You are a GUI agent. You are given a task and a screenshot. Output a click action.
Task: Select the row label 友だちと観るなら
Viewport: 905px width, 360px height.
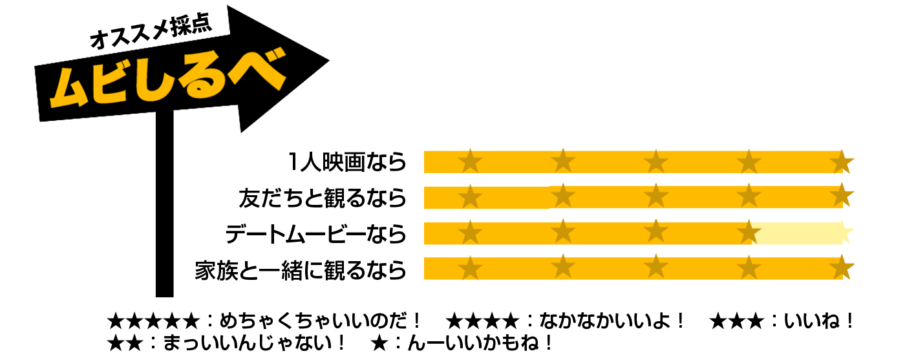(323, 198)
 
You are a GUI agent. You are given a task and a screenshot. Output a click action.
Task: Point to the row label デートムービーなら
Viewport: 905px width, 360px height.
(315, 234)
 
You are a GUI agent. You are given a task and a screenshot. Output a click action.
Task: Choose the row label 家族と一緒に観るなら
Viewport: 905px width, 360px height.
(301, 270)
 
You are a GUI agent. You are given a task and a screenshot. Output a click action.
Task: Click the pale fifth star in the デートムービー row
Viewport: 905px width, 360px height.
(842, 231)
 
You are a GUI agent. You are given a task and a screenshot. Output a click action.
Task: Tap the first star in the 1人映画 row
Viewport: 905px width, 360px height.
(471, 161)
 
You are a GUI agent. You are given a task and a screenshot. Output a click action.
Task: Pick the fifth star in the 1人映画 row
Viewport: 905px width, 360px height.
(842, 161)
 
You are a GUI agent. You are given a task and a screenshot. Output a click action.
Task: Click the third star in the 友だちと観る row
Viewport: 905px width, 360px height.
(656, 196)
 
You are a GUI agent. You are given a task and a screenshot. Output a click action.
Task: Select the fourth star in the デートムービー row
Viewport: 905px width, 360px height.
(749, 231)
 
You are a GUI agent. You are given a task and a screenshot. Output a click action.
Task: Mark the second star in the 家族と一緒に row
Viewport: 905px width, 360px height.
(563, 267)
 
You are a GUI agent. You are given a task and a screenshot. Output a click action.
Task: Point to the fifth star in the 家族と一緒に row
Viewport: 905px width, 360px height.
(842, 267)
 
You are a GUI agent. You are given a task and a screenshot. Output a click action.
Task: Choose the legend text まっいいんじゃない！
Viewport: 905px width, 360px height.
(254, 343)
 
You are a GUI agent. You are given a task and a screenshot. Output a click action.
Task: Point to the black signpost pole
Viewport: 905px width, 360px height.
(164, 204)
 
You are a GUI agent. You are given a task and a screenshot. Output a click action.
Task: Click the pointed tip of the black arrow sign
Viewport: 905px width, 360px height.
(329, 61)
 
